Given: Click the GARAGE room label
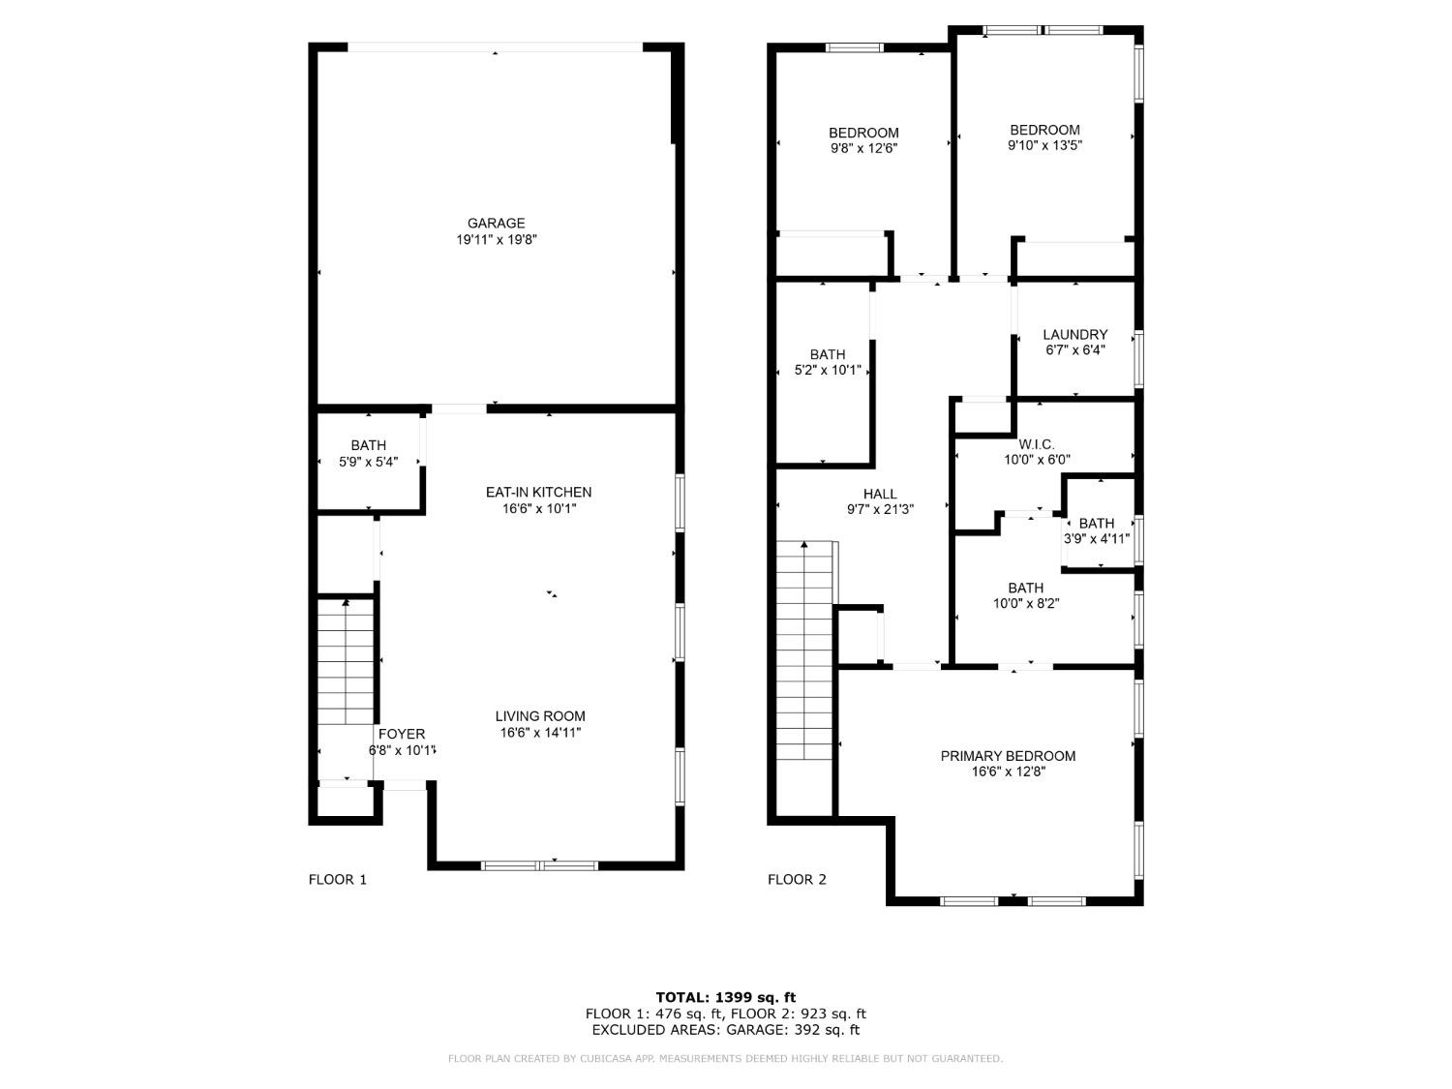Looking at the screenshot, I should click(496, 224).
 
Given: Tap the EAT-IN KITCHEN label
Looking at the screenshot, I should click(538, 492).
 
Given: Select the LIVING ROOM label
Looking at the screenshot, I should click(540, 716).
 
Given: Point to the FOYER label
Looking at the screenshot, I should click(401, 734).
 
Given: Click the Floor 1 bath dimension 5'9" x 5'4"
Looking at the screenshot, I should click(368, 462).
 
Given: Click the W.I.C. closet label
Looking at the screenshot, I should click(1036, 444).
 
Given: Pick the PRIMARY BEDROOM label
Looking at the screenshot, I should click(1008, 756).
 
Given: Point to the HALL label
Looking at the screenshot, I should click(880, 494).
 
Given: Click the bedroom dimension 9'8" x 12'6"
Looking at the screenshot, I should click(863, 149).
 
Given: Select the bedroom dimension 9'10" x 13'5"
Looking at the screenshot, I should click(1044, 146).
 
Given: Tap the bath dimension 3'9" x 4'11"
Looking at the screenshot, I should click(1097, 539).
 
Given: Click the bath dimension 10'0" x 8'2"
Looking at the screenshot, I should click(1025, 604).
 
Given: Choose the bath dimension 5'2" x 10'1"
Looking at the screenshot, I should click(828, 371).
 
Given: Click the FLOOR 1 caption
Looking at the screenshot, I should click(337, 880).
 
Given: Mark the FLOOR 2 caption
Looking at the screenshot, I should click(797, 880).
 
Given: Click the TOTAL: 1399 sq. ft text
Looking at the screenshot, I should click(725, 997).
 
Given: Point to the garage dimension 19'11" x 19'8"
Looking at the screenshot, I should click(496, 240).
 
